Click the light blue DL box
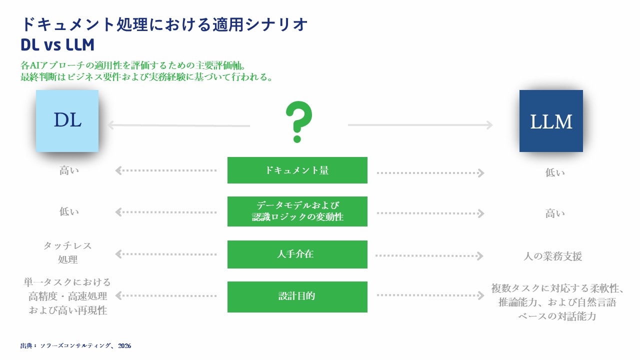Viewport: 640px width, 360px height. pyautogui.click(x=67, y=121)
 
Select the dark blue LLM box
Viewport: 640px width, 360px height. pyautogui.click(x=551, y=121)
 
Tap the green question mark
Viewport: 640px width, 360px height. pyautogui.click(x=298, y=121)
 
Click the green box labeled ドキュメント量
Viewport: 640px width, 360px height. pyautogui.click(x=297, y=170)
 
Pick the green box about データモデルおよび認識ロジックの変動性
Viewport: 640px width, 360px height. pyautogui.click(x=297, y=211)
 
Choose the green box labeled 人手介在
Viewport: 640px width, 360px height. pyautogui.click(x=297, y=254)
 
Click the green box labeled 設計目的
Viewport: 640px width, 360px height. pyautogui.click(x=297, y=297)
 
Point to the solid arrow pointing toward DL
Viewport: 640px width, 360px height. pyautogui.click(x=179, y=125)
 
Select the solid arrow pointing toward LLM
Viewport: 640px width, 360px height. pyautogui.click(x=420, y=125)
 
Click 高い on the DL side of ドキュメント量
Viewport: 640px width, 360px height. pyautogui.click(x=69, y=170)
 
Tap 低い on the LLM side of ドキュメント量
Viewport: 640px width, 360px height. pyautogui.click(x=555, y=172)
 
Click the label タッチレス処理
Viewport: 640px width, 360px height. pyautogui.click(x=67, y=252)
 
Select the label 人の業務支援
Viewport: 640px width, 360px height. pyautogui.click(x=552, y=256)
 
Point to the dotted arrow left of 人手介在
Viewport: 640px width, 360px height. pyautogui.click(x=166, y=254)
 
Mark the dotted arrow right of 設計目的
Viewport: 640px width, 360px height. pyautogui.click(x=430, y=295)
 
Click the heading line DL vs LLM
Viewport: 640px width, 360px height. pyautogui.click(x=57, y=45)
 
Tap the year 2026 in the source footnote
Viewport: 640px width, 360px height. pyautogui.click(x=124, y=346)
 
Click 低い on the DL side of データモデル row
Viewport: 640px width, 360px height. pyautogui.click(x=69, y=211)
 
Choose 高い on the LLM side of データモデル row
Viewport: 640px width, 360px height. pyautogui.click(x=555, y=213)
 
